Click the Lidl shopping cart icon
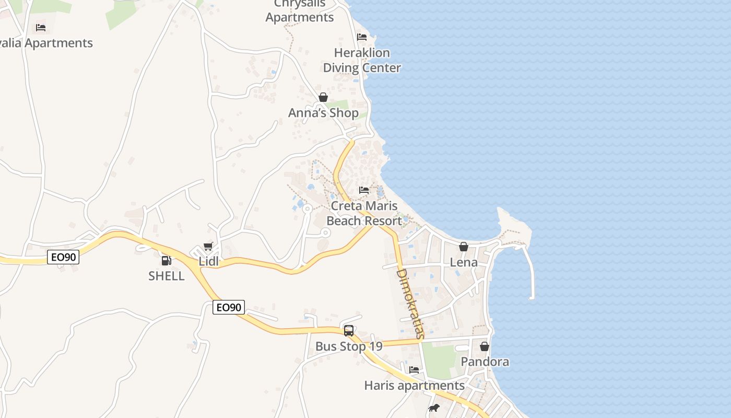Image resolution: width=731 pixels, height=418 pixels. [208, 246]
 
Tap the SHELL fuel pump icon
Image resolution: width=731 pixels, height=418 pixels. [166, 260]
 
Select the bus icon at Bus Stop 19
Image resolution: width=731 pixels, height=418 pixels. [349, 331]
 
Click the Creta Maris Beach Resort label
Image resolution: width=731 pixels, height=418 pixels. [364, 213]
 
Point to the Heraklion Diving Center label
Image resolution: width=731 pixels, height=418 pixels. [362, 60]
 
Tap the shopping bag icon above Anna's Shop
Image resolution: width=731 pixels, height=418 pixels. [323, 97]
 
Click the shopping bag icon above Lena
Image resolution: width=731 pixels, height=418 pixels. [464, 247]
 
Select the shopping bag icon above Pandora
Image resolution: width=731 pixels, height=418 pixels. [485, 346]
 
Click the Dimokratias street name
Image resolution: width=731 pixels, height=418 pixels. [410, 304]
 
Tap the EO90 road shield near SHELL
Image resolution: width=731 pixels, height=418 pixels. [63, 257]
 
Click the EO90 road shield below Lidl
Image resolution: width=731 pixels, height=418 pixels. [229, 307]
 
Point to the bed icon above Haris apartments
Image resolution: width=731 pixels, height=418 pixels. [414, 370]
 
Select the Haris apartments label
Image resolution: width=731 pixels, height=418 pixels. [414, 386]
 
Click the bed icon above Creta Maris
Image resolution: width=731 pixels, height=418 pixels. [364, 190]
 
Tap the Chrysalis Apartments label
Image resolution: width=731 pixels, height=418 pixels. [299, 11]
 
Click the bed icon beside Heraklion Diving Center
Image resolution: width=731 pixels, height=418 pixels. [362, 37]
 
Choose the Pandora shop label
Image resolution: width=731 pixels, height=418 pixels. [485, 362]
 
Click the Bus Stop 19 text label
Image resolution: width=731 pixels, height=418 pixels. [349, 346]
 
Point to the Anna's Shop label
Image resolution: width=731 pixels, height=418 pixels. [323, 113]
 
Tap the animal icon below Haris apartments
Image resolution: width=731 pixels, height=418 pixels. [433, 408]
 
